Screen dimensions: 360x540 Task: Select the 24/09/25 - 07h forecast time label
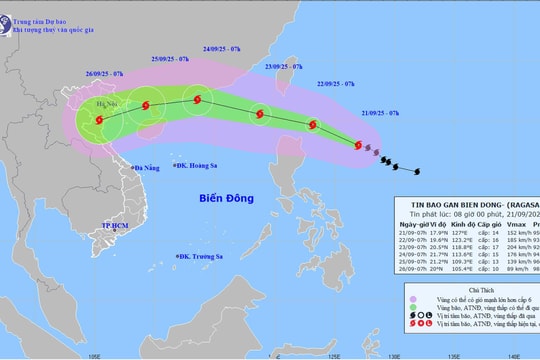tap(225, 47)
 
